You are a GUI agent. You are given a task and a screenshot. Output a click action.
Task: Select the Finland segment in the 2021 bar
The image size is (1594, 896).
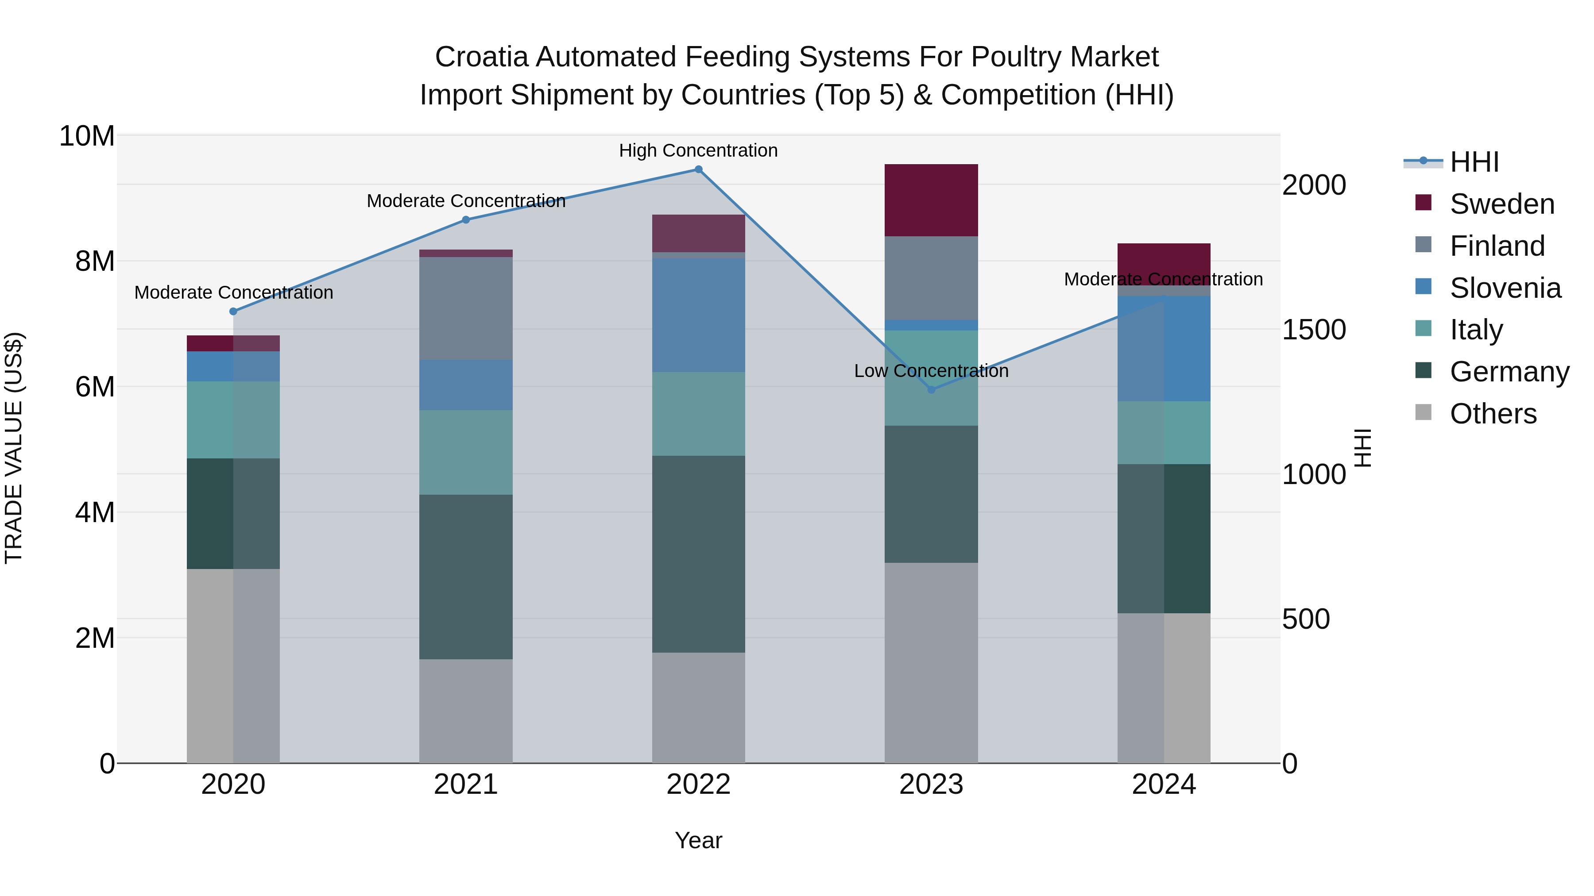point(466,308)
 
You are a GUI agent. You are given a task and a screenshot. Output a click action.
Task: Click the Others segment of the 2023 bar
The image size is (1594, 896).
point(931,662)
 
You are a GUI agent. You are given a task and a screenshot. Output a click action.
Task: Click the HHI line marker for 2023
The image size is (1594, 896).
point(931,389)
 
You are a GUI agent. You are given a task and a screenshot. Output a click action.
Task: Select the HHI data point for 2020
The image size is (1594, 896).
point(233,311)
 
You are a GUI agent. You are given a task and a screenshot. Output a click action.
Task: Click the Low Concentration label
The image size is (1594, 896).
point(931,371)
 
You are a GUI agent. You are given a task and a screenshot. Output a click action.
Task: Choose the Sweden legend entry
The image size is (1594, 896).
point(1502,204)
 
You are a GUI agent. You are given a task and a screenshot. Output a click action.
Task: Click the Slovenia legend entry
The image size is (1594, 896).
point(1505,288)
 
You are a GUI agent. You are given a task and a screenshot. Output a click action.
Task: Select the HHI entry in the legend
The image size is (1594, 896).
point(1474,162)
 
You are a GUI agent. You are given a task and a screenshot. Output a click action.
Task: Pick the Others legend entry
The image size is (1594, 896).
point(1493,414)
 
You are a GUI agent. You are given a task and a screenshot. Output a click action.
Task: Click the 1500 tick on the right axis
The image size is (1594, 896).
point(1313,330)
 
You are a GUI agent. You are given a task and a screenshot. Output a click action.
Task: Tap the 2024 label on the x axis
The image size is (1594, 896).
point(1163,784)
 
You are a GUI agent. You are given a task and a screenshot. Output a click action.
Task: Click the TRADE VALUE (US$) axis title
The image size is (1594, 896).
point(14,448)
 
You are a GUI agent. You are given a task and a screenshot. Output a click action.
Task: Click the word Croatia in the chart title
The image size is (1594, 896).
point(481,57)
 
